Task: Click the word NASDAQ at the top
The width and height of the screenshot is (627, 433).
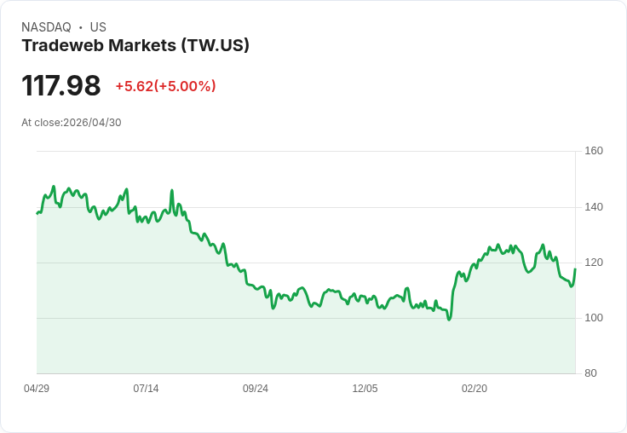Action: pyautogui.click(x=46, y=27)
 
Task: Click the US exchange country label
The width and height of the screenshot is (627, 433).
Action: pyautogui.click(x=98, y=27)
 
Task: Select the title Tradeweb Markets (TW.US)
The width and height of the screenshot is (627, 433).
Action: pyautogui.click(x=135, y=46)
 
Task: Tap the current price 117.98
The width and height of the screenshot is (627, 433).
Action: pyautogui.click(x=61, y=86)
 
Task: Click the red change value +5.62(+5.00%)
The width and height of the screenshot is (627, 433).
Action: pyautogui.click(x=165, y=86)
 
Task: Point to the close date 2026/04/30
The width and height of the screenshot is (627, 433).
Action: pyautogui.click(x=93, y=123)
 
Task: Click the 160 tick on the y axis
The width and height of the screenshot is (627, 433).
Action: pyautogui.click(x=594, y=151)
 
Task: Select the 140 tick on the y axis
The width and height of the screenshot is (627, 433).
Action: pyautogui.click(x=594, y=207)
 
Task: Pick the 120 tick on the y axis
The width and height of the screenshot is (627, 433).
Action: pyautogui.click(x=594, y=263)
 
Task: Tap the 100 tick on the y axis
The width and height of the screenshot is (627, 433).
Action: pyautogui.click(x=594, y=318)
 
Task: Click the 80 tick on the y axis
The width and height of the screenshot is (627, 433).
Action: pyautogui.click(x=590, y=373)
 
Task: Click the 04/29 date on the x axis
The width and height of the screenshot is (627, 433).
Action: pyautogui.click(x=37, y=389)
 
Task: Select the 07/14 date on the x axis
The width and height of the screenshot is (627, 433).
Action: pyautogui.click(x=146, y=389)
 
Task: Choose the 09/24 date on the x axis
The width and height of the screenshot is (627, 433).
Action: pyautogui.click(x=256, y=389)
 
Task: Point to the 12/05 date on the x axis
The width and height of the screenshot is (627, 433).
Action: pyautogui.click(x=365, y=389)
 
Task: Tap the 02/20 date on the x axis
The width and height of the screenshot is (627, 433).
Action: pyautogui.click(x=475, y=389)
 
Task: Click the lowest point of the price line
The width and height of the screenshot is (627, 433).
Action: pyautogui.click(x=449, y=320)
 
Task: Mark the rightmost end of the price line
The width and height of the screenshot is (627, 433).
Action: pyautogui.click(x=576, y=269)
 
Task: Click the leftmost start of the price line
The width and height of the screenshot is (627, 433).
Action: pyautogui.click(x=37, y=213)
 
